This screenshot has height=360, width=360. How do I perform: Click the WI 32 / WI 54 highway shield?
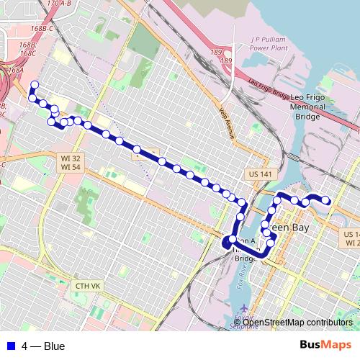click(71, 162)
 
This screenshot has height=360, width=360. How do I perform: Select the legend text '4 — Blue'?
click(43, 346)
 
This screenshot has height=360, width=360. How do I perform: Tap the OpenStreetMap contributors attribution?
click(297, 322)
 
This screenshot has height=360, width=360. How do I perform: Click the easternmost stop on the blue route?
click(325, 200)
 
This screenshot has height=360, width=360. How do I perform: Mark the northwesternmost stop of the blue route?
click(34, 85)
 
